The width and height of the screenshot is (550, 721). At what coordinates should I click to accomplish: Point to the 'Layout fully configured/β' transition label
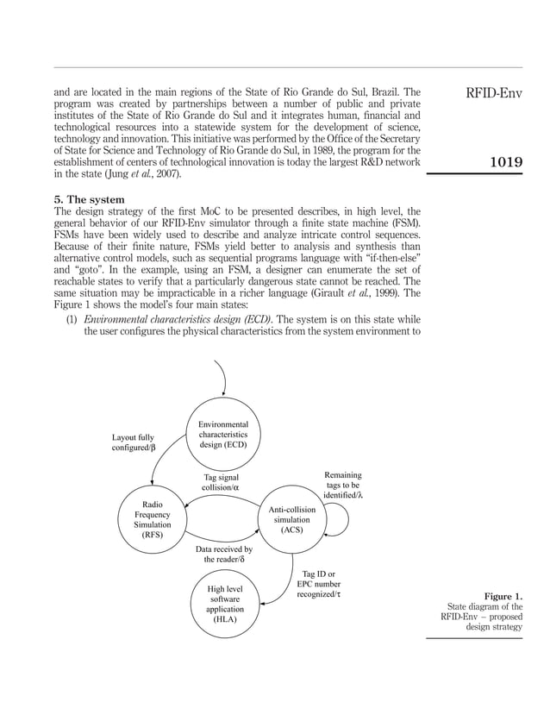click(134, 443)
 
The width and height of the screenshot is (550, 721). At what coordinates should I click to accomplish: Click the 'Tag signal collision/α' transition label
click(220, 482)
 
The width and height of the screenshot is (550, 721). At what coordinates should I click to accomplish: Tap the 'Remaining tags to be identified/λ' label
click(342, 485)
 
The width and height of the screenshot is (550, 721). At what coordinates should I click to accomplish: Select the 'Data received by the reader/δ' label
click(223, 554)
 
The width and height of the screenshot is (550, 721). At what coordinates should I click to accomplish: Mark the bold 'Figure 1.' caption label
click(503, 596)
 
